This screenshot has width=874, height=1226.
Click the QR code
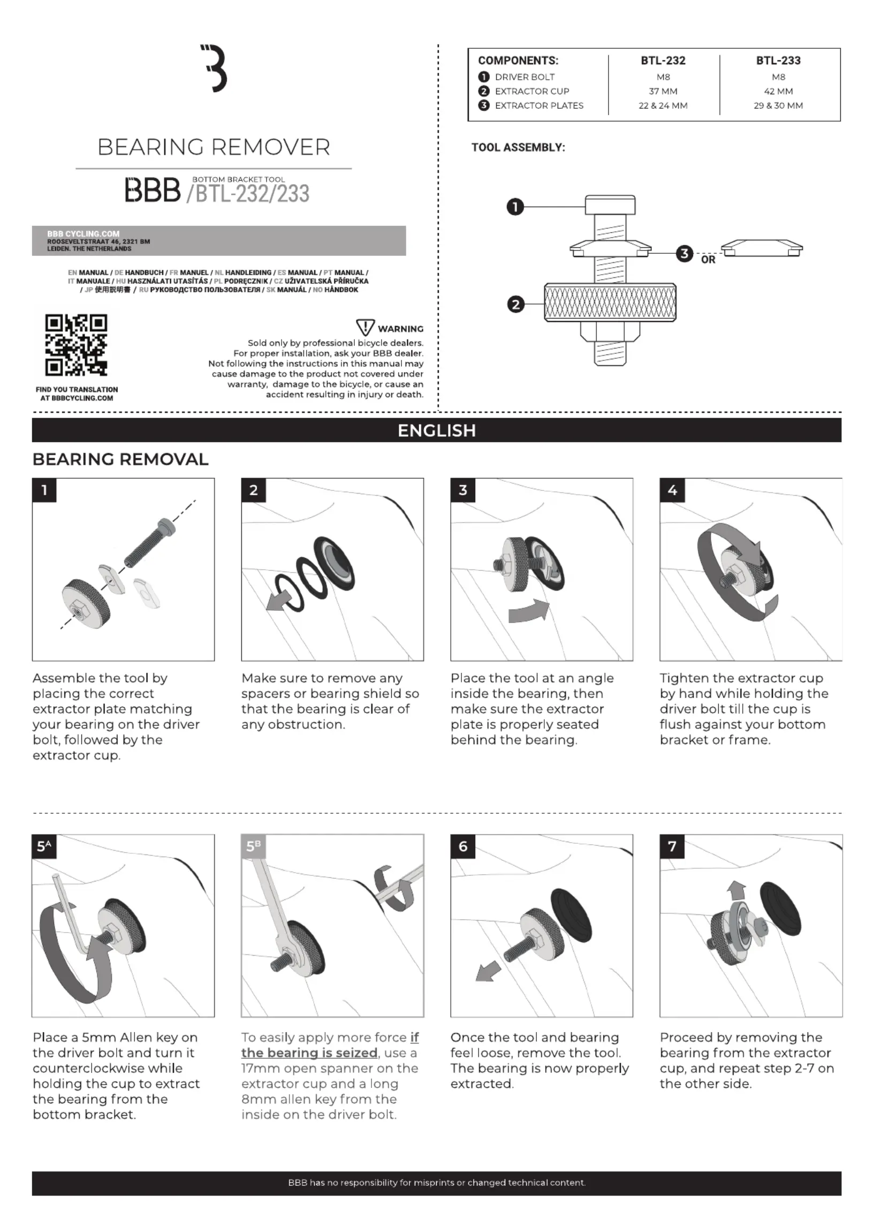[77, 345]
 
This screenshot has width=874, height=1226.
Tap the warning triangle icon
[366, 327]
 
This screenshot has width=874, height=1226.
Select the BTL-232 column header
[663, 60]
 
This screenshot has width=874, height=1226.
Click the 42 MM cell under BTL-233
[778, 92]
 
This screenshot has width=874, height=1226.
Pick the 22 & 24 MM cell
[663, 105]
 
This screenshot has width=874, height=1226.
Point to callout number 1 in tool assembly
[515, 207]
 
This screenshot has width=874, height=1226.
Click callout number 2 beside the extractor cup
[515, 305]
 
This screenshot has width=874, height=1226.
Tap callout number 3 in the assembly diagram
[684, 253]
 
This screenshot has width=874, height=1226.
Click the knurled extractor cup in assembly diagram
[610, 302]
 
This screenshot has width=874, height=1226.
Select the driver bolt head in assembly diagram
[610, 205]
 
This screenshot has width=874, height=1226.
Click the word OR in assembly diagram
[708, 260]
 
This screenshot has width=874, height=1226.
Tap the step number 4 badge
[672, 490]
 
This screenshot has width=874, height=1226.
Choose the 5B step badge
[254, 846]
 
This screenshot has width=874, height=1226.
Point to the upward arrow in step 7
[736, 890]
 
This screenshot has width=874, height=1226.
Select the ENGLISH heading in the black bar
[436, 430]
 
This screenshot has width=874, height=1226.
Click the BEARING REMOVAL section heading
[120, 459]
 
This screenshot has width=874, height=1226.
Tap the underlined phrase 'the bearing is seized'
[309, 1053]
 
